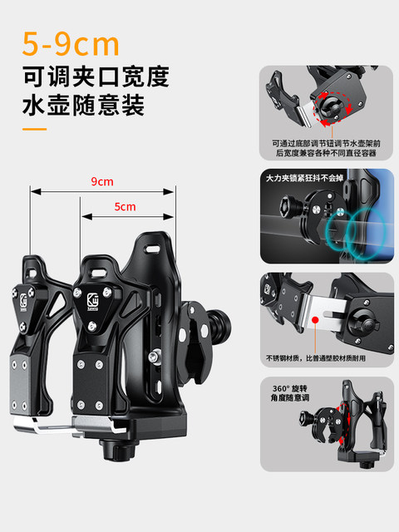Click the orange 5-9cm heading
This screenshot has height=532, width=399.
point(71,42)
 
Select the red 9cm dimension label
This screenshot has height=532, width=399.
point(102,181)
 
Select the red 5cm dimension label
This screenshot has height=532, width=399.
point(126,206)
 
